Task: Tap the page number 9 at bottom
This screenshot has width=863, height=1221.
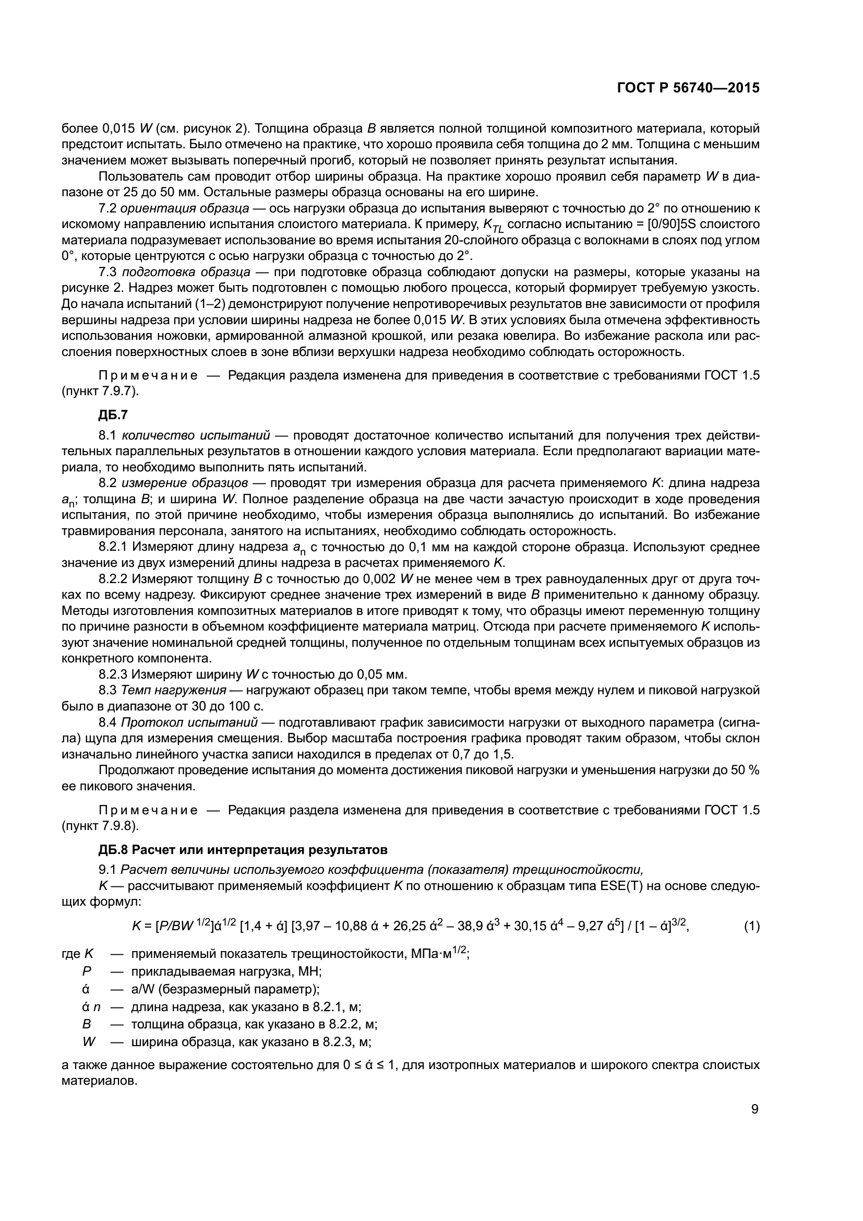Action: pyautogui.click(x=754, y=1109)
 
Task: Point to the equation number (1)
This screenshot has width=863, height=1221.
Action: pyautogui.click(x=751, y=927)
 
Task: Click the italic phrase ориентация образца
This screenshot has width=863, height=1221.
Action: pyautogui.click(x=185, y=208)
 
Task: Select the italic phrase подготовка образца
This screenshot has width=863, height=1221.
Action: pyautogui.click(x=186, y=272)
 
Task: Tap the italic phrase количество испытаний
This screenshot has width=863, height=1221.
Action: pyautogui.click(x=195, y=435)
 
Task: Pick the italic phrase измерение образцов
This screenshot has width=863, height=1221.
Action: pyautogui.click(x=184, y=483)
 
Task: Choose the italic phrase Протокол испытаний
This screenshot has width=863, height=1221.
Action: pyautogui.click(x=189, y=722)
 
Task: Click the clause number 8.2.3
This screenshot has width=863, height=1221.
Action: pyautogui.click(x=113, y=674)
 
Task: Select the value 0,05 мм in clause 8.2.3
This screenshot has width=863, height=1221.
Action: pyautogui.click(x=381, y=674)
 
